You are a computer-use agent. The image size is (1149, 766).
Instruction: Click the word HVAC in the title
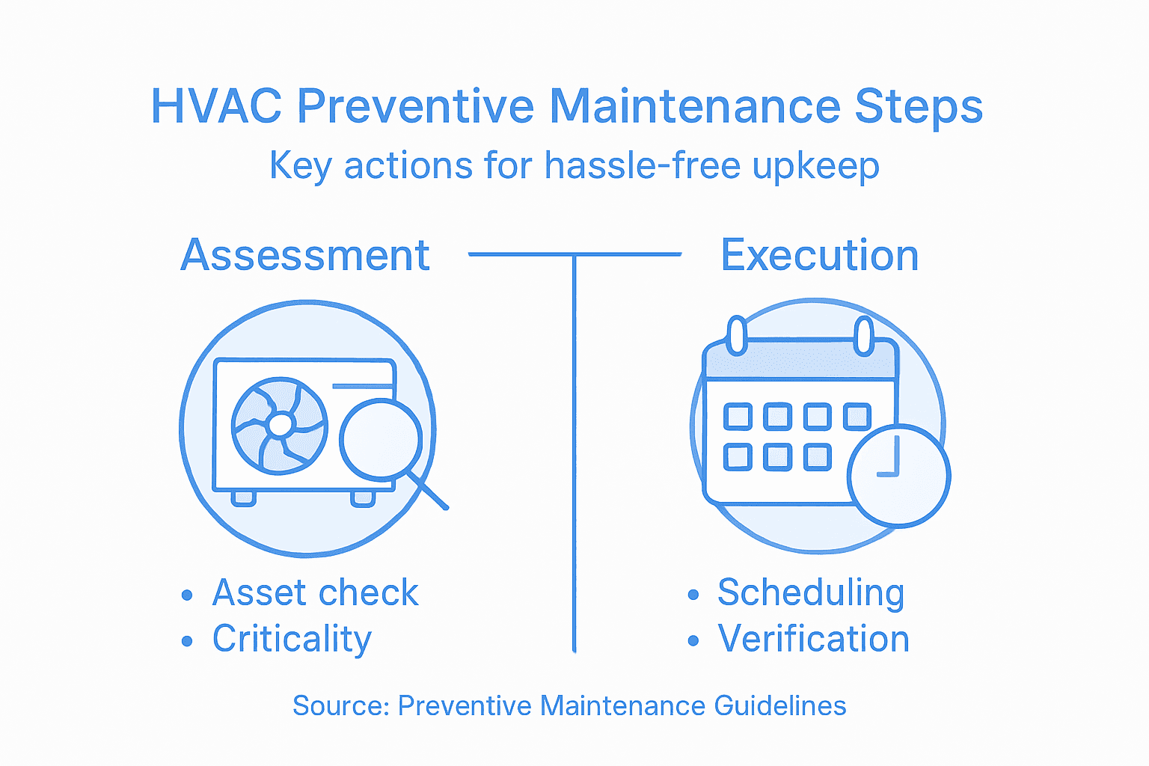[x=215, y=106]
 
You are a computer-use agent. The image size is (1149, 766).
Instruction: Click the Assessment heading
[x=305, y=255]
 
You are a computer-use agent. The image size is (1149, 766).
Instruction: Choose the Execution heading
[x=819, y=255]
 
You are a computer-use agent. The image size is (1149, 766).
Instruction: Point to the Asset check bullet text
[x=315, y=592]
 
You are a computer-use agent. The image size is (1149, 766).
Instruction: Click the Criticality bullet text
[x=292, y=639]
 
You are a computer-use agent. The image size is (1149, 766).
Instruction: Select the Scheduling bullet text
[x=811, y=592]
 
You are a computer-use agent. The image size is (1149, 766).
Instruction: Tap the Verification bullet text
[x=813, y=639]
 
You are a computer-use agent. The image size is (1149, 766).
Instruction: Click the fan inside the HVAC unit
[x=280, y=426]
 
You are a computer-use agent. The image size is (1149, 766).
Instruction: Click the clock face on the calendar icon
[x=898, y=476]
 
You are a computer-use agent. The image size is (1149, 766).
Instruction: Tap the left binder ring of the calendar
[x=737, y=335]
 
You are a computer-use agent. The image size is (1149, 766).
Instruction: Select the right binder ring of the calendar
[x=864, y=335]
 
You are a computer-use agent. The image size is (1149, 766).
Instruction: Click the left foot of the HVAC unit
[x=243, y=497]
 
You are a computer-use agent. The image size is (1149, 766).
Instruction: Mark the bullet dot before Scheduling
[x=693, y=595]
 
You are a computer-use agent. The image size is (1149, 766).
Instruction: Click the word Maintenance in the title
[x=695, y=106]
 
